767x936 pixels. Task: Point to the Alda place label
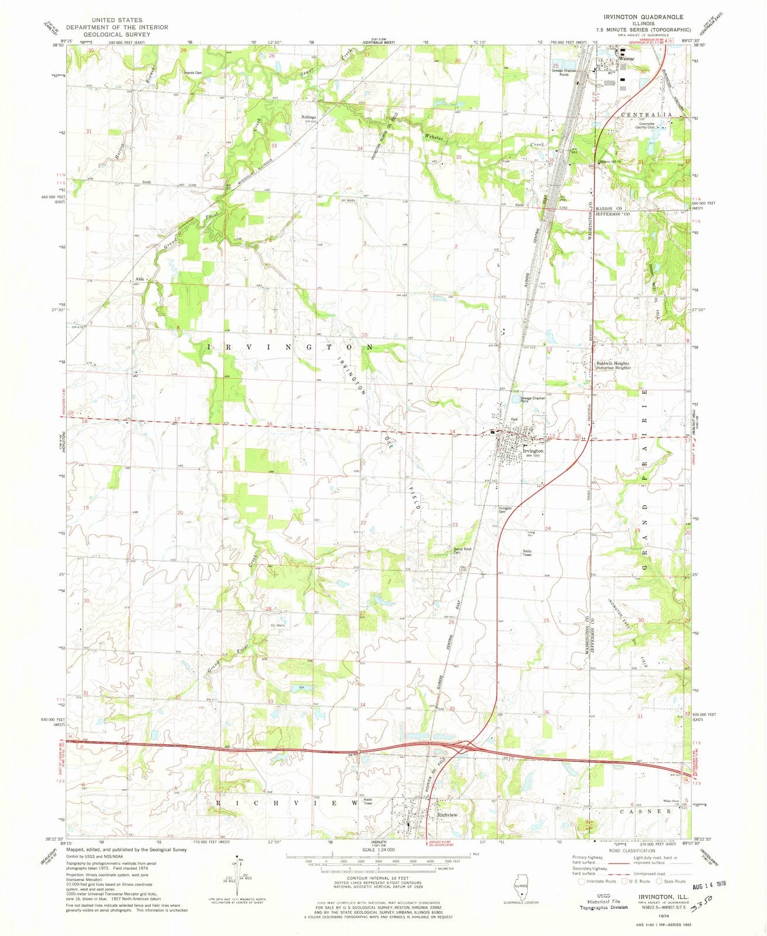140,279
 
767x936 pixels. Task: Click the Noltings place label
308,117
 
